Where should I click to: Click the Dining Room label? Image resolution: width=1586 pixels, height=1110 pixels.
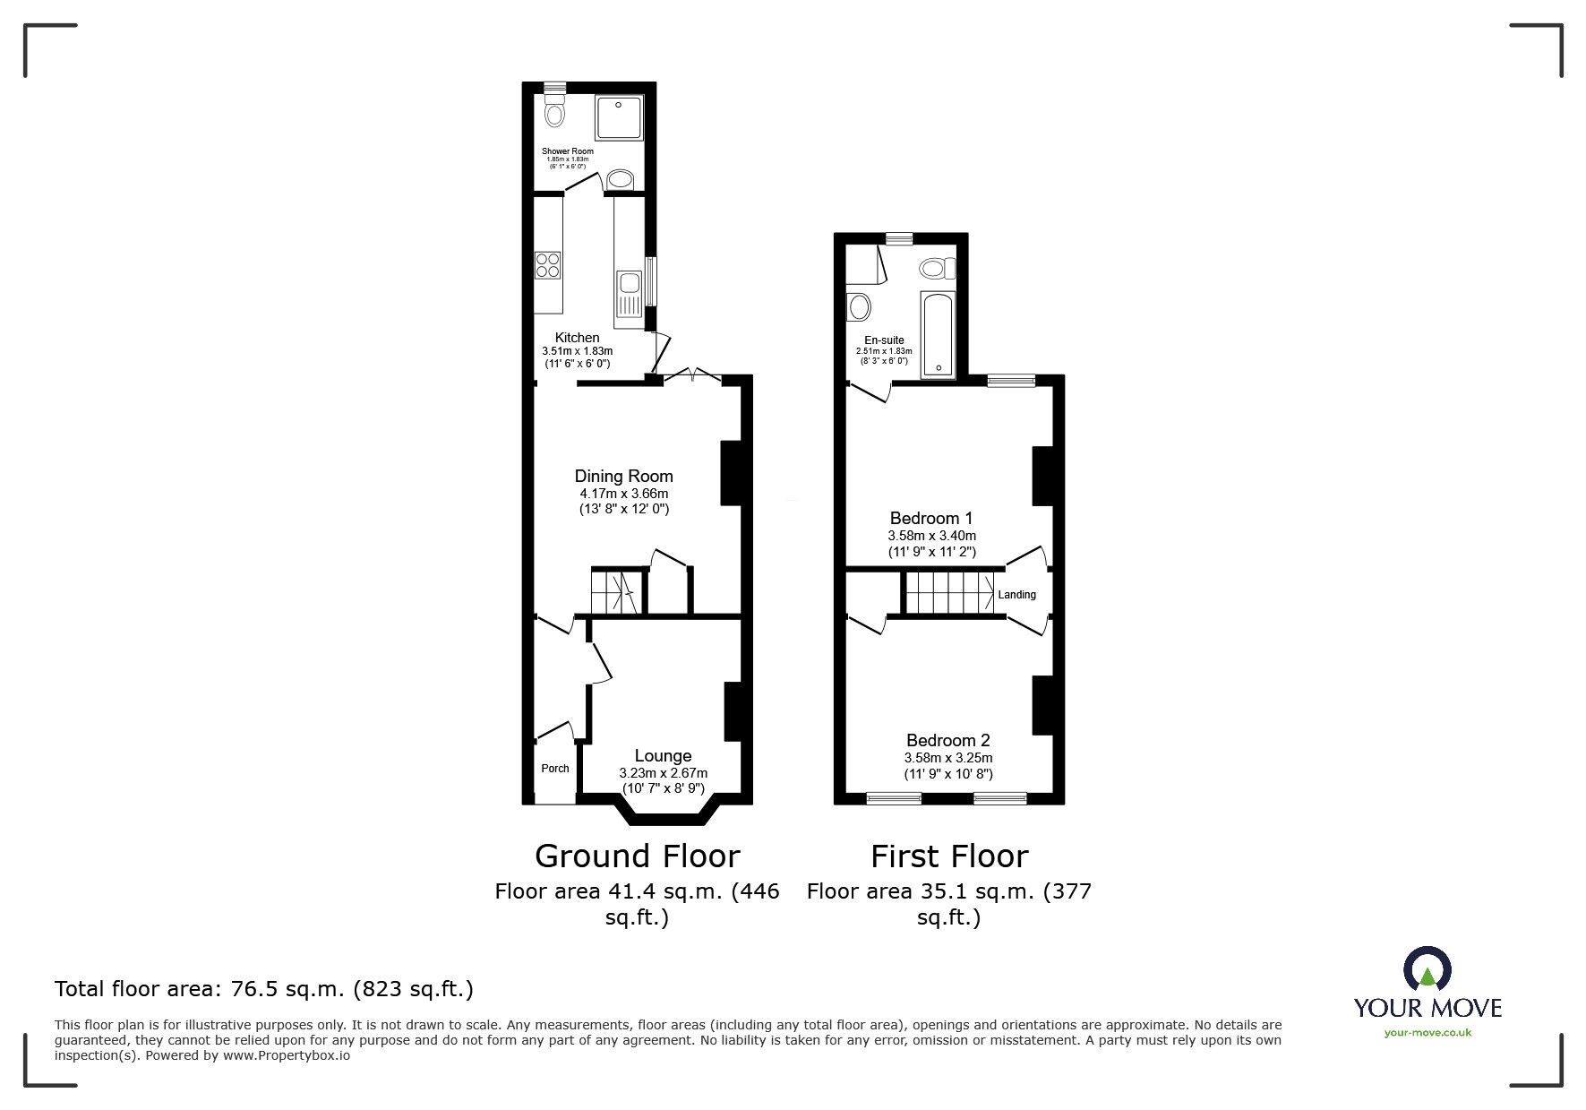(623, 477)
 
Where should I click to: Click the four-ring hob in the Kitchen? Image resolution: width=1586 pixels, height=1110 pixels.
(548, 265)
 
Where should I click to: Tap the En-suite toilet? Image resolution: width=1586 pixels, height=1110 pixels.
(937, 268)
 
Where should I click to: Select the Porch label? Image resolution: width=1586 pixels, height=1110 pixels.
(555, 769)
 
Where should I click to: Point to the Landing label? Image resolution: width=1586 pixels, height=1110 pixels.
(1017, 595)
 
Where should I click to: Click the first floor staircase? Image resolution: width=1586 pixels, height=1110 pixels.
(947, 593)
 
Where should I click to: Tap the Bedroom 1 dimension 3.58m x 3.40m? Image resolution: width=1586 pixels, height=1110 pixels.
(931, 536)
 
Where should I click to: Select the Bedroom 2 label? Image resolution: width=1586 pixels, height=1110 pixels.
(947, 740)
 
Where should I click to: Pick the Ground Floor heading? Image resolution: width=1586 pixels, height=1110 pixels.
(637, 856)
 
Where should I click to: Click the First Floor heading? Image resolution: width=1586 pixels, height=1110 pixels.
(949, 856)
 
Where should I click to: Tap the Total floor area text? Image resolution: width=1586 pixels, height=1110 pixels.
(264, 989)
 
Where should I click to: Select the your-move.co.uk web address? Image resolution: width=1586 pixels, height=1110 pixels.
(1427, 1033)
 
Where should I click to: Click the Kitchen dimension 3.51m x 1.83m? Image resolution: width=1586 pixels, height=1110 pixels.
(577, 351)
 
